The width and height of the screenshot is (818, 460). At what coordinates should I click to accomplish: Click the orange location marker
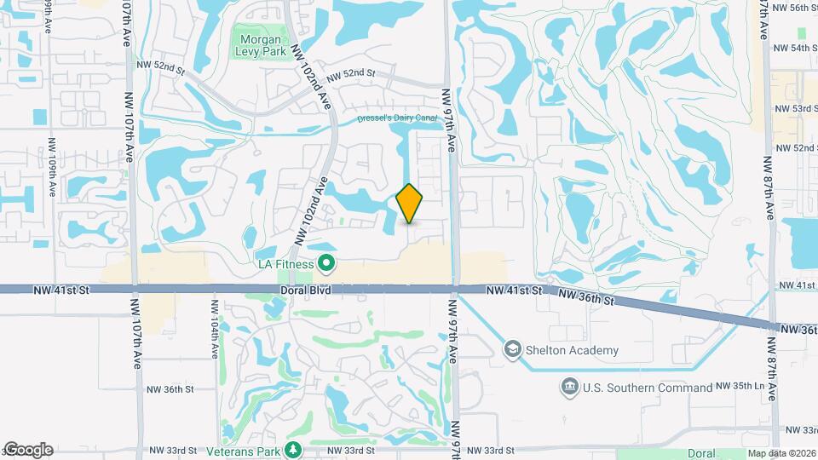tap(410, 203)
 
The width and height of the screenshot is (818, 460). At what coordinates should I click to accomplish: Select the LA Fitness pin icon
tap(325, 265)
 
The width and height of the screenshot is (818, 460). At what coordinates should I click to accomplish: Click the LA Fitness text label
tap(285, 265)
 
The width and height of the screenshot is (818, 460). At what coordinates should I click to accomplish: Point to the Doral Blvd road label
tap(304, 290)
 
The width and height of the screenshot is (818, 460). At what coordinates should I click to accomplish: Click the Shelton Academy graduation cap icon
tap(512, 349)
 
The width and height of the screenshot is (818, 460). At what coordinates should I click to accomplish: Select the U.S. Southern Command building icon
tap(568, 388)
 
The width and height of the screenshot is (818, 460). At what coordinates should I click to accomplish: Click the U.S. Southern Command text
tap(648, 388)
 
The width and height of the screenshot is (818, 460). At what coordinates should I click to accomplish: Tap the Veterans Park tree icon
tap(294, 449)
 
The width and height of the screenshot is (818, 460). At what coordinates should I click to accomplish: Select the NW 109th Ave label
tap(51, 161)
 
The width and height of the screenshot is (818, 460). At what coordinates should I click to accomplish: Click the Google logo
tap(28, 450)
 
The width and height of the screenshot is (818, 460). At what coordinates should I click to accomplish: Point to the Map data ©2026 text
tap(781, 453)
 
